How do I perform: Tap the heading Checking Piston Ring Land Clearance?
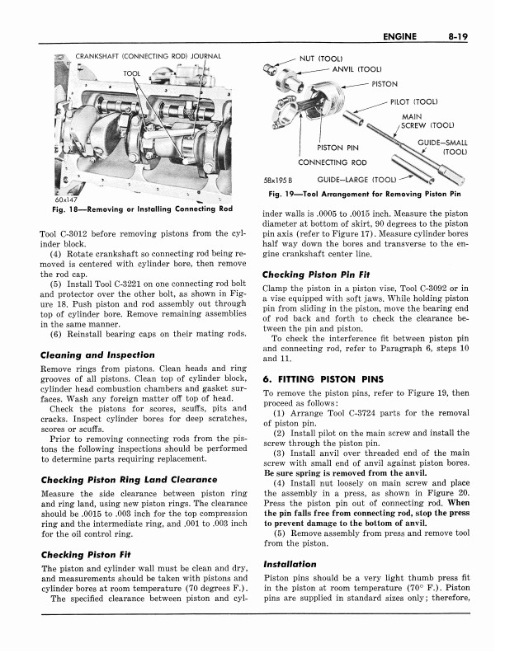[129, 479]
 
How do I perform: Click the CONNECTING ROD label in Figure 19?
[333, 162]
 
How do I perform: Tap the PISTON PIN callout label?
[339, 148]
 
